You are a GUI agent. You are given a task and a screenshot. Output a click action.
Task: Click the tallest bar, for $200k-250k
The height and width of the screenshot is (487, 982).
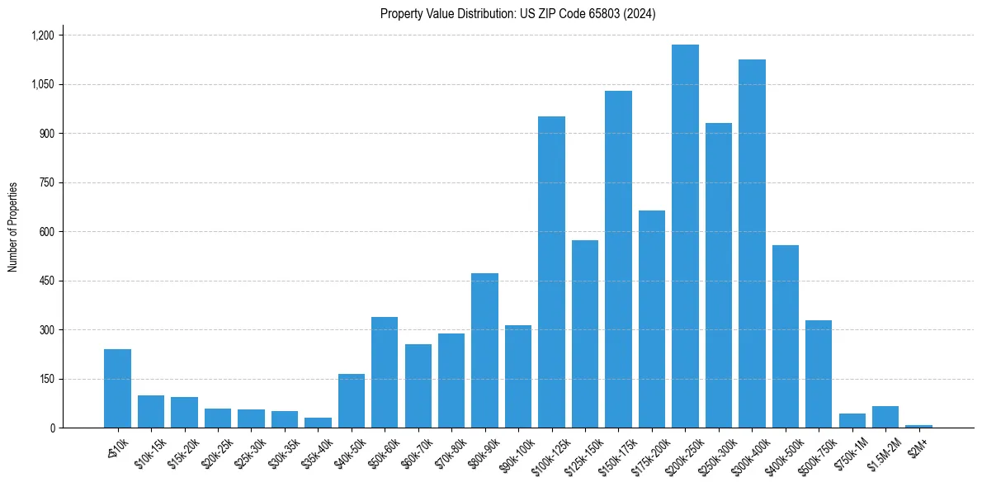(x=685, y=236)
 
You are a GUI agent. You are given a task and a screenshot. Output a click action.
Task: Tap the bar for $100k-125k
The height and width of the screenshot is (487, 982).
(x=551, y=272)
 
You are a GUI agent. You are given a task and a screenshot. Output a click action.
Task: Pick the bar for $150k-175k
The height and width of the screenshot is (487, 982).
(x=618, y=259)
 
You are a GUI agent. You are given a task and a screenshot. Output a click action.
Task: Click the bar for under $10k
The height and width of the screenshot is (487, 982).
(x=117, y=389)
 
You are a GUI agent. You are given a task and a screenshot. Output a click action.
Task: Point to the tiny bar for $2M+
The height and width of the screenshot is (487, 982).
(x=918, y=426)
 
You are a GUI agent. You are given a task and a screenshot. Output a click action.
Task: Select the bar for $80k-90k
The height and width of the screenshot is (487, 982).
(x=484, y=351)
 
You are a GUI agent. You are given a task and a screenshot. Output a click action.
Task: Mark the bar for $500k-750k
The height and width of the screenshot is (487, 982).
(x=819, y=374)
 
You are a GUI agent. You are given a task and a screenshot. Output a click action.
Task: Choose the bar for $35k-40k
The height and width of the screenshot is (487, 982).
(x=318, y=423)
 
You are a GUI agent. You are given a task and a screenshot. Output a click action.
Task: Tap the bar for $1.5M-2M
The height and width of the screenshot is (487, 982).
(x=885, y=417)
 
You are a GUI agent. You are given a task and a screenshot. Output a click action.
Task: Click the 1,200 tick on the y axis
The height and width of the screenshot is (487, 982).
(x=42, y=35)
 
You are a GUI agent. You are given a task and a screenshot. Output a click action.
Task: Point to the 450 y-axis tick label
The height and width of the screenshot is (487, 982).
(x=46, y=281)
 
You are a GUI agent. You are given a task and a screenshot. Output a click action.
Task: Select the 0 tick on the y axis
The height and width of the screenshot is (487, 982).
(x=51, y=428)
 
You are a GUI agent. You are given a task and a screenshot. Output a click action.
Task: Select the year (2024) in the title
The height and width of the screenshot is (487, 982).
(x=640, y=14)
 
